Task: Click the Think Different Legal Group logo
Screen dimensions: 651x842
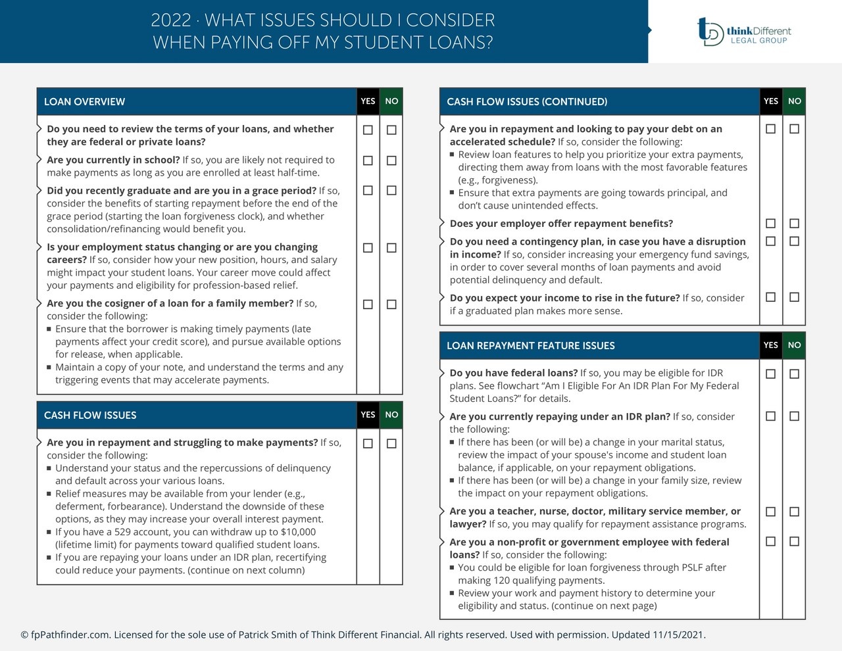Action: click(744, 31)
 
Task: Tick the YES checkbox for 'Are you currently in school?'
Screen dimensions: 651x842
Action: click(368, 160)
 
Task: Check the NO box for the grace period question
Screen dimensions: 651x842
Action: click(391, 191)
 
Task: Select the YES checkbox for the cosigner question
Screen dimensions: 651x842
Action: click(368, 304)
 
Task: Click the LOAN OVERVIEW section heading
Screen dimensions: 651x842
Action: click(84, 102)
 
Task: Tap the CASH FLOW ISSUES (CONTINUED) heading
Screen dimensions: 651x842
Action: click(527, 102)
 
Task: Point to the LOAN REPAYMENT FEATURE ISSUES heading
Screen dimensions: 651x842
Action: click(530, 346)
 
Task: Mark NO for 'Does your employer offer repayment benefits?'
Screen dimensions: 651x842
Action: click(794, 224)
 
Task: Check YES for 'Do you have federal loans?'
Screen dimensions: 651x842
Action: click(770, 374)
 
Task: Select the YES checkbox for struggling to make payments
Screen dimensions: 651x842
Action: click(368, 443)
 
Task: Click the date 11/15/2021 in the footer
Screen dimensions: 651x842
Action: click(678, 635)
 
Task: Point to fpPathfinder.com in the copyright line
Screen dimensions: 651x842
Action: click(70, 635)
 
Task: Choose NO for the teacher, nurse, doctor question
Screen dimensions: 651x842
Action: click(794, 512)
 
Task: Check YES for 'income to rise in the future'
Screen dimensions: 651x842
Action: click(770, 297)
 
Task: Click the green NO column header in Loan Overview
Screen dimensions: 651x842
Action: click(391, 101)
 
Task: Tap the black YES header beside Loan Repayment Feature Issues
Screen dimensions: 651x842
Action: click(770, 345)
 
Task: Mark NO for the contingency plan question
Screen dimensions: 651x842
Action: click(794, 241)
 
